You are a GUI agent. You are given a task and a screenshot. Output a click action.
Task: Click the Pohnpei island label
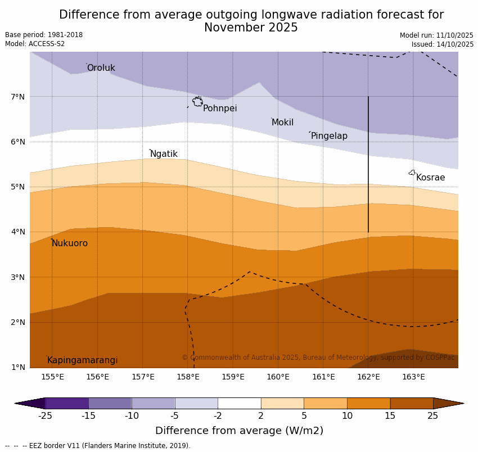(220, 109)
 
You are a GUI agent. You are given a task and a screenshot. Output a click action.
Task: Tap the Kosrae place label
(430, 178)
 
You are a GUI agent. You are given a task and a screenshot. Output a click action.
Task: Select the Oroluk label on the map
(101, 68)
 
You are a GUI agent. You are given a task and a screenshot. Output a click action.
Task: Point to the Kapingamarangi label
(82, 360)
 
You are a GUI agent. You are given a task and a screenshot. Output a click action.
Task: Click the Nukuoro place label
(70, 243)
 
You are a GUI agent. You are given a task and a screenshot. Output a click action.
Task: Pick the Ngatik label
(164, 154)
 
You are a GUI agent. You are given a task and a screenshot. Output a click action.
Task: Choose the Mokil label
(282, 123)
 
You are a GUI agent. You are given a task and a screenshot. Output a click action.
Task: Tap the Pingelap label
(329, 136)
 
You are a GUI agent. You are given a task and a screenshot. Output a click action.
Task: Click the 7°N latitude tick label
(18, 97)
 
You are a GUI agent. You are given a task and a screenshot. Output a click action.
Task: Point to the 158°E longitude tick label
(188, 377)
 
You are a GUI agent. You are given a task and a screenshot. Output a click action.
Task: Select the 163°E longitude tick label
(413, 377)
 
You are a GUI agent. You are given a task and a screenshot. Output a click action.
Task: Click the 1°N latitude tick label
(18, 367)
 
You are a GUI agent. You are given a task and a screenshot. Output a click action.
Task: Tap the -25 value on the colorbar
(45, 416)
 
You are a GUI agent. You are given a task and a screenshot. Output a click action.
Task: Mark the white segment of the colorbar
(239, 403)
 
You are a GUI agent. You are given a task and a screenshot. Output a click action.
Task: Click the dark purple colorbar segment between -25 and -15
(67, 403)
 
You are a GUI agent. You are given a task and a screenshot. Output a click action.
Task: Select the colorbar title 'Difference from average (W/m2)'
(239, 431)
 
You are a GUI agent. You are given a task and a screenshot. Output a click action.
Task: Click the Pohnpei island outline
(197, 102)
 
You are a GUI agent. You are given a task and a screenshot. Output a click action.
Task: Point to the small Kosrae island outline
(412, 173)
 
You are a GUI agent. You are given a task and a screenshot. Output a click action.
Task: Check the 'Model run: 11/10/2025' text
(436, 35)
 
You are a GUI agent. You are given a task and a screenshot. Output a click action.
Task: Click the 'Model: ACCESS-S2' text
(35, 44)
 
